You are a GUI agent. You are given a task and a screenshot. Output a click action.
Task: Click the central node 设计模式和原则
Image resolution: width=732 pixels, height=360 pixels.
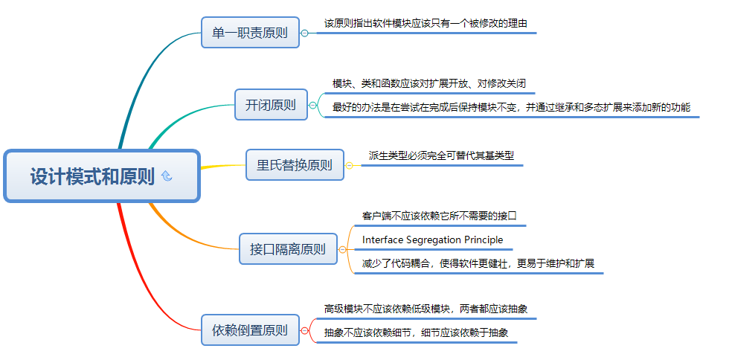pos(93,176)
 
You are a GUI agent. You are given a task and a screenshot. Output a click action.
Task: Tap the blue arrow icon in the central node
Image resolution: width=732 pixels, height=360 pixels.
pos(167,176)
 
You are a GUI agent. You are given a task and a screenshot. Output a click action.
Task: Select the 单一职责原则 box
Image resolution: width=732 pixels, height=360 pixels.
pos(250,33)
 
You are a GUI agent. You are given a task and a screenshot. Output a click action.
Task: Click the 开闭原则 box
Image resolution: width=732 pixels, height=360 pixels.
pos(270,105)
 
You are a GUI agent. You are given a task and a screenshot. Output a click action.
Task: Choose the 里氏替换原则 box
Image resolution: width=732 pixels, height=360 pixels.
pos(295,165)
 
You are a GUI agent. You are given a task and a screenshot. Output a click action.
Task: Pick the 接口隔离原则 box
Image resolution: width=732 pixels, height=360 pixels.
pos(287,249)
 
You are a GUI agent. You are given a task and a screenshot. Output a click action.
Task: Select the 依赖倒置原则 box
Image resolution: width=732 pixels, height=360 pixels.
pos(250,330)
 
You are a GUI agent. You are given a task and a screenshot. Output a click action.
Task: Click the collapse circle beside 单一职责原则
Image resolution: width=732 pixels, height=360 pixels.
pos(304,33)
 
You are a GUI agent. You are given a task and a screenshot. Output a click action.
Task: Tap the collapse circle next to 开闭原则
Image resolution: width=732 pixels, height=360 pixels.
pos(312,105)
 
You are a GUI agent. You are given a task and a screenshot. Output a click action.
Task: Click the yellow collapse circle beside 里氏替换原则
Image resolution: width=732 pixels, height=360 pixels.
pos(350,165)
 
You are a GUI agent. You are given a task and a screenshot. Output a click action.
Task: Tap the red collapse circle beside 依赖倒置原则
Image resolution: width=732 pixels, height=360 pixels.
pos(304,330)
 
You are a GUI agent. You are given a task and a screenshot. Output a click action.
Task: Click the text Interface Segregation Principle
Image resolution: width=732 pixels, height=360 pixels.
pos(432,240)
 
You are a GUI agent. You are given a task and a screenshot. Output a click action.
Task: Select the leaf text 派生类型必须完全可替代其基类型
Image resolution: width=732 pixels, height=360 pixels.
pos(441,156)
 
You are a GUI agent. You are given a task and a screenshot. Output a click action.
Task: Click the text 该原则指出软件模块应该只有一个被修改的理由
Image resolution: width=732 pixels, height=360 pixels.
pos(426,23)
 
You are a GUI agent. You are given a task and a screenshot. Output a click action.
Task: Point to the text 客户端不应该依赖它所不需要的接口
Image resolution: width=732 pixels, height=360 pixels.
pos(439,216)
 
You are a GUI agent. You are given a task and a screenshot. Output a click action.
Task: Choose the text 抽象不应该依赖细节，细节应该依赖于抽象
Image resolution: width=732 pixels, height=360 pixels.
pos(416,332)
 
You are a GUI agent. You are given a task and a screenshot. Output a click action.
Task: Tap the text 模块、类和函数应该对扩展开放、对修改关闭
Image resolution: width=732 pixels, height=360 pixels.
pos(429,83)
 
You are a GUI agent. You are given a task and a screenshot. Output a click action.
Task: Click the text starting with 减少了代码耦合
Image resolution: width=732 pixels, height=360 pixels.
pos(478,263)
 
